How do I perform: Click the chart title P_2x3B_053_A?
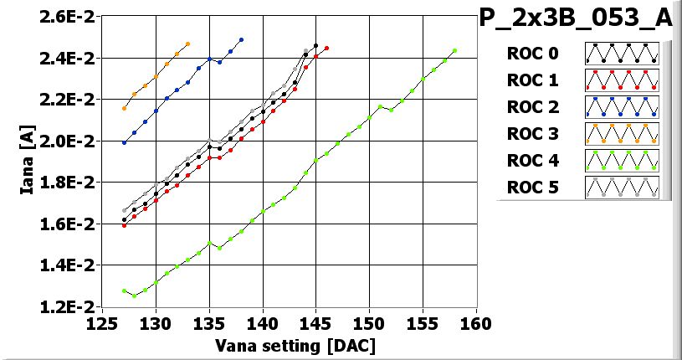[575, 18]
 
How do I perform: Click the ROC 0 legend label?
[532, 54]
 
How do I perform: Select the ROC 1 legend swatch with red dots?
[622, 80]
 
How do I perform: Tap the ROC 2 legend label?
[532, 107]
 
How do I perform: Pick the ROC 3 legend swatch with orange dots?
[622, 133]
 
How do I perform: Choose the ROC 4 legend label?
[532, 160]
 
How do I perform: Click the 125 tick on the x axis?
[103, 324]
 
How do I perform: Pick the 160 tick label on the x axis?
[476, 324]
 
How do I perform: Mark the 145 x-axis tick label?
[316, 324]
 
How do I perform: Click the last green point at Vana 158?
[454, 50]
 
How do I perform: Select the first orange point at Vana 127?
[124, 108]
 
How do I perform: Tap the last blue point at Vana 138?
[241, 39]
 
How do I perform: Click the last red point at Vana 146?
[326, 48]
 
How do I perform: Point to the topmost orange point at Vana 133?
[187, 44]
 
